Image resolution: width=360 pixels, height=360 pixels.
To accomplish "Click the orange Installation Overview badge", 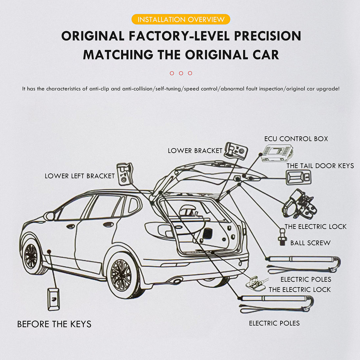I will tap(181, 19).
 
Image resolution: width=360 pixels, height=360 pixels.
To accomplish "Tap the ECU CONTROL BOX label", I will tap(296, 139).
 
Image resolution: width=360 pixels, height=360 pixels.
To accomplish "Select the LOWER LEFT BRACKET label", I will tap(79, 176).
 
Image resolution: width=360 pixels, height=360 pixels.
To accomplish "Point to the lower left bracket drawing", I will tap(125, 174).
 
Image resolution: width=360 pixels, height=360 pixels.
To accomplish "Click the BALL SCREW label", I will tap(310, 243).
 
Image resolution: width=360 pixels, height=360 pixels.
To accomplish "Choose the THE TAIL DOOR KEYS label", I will tap(320, 166).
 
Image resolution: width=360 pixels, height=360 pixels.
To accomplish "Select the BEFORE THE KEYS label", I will tap(54, 324).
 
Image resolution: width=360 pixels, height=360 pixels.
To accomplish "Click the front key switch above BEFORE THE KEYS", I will tap(53, 299).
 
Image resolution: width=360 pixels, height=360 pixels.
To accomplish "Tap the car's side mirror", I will tap(50, 216).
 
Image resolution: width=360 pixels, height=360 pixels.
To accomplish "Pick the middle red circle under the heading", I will tap(181, 73).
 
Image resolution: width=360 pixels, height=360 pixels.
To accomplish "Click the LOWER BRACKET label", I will tap(195, 151).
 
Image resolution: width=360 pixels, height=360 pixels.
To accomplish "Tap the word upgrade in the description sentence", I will tap(328, 89).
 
